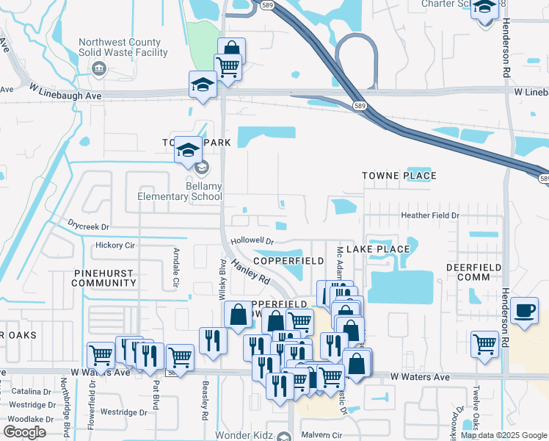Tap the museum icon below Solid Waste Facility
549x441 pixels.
pyautogui.click(x=98, y=69)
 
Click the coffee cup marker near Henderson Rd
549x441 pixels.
pyautogui.click(x=525, y=311)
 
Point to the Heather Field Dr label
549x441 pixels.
pyautogui.click(x=429, y=215)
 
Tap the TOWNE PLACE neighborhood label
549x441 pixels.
pyautogui.click(x=399, y=176)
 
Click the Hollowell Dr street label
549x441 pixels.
pyautogui.click(x=252, y=240)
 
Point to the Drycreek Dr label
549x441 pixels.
pyautogui.click(x=88, y=227)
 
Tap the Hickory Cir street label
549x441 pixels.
pyautogui.click(x=101, y=245)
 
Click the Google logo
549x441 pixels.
pyautogui.click(x=25, y=431)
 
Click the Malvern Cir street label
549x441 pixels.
pyautogui.click(x=321, y=435)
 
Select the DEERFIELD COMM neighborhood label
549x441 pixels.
pyautogui.click(x=473, y=272)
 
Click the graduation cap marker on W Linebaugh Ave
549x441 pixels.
pyautogui.click(x=202, y=85)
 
